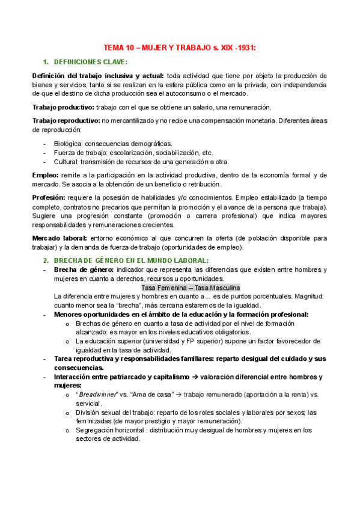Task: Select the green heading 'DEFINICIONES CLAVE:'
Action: point(90,62)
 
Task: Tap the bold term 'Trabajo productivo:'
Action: point(63,107)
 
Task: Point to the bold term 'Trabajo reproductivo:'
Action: point(66,121)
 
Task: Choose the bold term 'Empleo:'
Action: point(46,175)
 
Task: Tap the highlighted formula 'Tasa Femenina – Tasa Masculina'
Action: point(190,287)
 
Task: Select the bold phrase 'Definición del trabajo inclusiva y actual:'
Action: point(97,76)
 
